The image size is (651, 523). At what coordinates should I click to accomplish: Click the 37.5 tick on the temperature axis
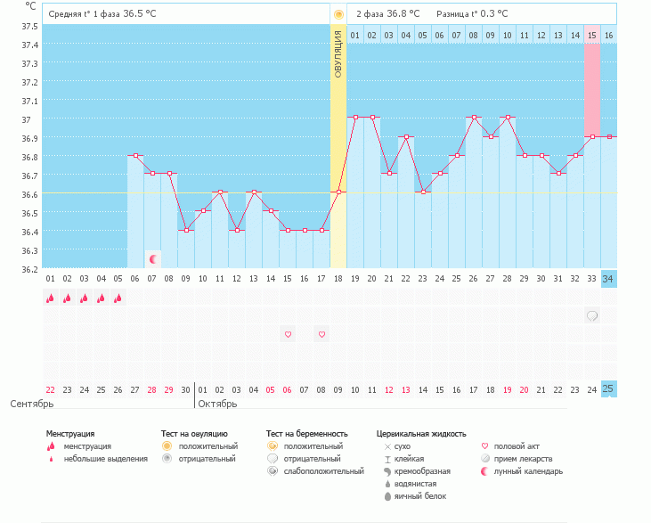[29, 26]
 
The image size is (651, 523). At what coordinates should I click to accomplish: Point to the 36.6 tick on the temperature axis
[29, 194]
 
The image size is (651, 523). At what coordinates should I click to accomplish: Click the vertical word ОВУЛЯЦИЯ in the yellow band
[338, 53]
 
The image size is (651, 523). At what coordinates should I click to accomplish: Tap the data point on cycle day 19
[355, 117]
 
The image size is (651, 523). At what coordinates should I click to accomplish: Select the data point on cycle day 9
[186, 230]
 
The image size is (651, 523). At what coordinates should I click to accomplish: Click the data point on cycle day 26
[474, 117]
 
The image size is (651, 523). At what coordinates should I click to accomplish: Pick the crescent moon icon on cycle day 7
[153, 259]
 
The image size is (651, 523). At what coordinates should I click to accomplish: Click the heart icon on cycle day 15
[288, 334]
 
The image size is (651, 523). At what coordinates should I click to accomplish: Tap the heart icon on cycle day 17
[321, 334]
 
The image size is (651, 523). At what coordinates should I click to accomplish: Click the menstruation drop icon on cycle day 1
[51, 298]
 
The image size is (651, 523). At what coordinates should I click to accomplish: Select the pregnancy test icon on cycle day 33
[591, 315]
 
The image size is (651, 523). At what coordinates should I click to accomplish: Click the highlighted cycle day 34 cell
[608, 279]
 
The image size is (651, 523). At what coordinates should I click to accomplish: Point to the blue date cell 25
[608, 388]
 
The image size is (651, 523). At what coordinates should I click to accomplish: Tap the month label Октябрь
[217, 404]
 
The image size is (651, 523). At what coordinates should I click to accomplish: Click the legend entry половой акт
[517, 446]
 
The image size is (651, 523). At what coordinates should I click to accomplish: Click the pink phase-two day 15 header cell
[591, 35]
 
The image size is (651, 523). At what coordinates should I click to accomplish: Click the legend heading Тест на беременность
[304, 434]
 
